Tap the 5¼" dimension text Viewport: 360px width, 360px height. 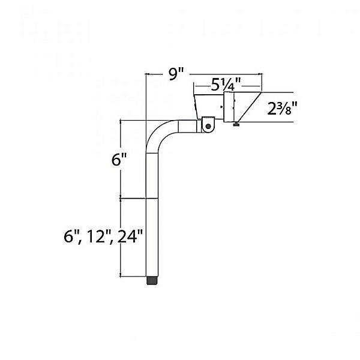point(226,85)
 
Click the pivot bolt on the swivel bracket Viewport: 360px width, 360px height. point(208,125)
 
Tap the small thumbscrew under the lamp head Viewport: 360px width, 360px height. point(237,125)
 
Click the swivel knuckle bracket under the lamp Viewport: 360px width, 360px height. point(208,124)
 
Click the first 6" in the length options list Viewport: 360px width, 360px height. point(71,236)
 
